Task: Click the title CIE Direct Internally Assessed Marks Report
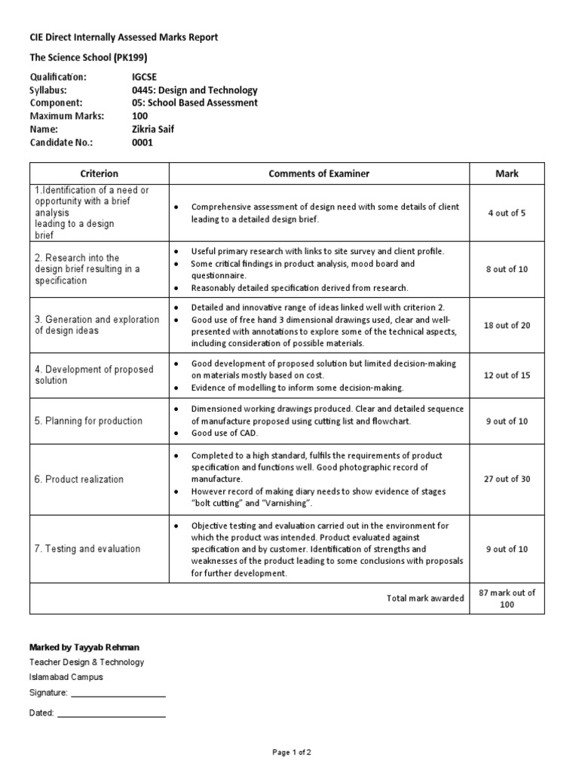pos(124,38)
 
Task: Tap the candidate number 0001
pos(142,142)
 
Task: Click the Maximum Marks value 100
pos(140,116)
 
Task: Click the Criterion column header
pos(99,174)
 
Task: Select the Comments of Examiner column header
pos(319,174)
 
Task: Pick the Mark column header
pos(507,174)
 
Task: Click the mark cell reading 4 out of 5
pos(507,213)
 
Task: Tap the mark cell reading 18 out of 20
pos(507,326)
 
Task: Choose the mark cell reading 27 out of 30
pos(507,479)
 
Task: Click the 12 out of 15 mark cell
pos(507,375)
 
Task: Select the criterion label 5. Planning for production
pos(88,421)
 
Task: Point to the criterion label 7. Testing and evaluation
pos(87,549)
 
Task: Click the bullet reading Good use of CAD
pos(224,433)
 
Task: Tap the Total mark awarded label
pos(425,599)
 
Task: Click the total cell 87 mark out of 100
pos(507,599)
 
